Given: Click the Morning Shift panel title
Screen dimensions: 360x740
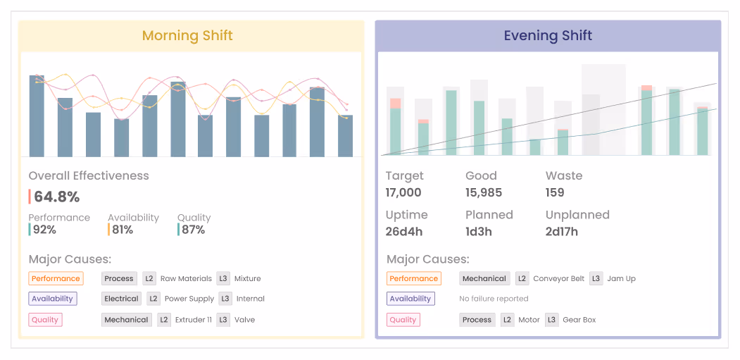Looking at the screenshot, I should click(x=187, y=35).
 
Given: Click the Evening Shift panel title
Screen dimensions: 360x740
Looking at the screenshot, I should click(x=548, y=35).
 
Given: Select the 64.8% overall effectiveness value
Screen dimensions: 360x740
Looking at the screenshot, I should click(x=57, y=197).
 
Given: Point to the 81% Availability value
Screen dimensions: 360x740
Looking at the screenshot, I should click(x=123, y=230).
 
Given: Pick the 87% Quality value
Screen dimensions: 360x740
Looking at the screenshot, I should click(x=192, y=230).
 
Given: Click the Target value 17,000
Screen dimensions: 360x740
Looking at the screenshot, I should click(x=403, y=192).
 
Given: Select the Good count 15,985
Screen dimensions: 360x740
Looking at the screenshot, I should click(x=484, y=192).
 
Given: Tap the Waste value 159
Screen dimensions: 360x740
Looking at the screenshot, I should click(x=555, y=192).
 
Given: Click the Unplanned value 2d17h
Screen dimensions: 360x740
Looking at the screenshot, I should click(x=562, y=231).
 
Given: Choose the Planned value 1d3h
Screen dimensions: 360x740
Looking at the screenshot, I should click(x=478, y=231).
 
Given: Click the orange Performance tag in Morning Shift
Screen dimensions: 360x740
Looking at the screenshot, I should click(x=56, y=278).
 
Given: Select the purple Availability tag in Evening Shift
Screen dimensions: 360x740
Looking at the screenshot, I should click(x=410, y=299).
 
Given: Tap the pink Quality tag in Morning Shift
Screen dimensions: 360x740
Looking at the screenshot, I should click(x=45, y=320).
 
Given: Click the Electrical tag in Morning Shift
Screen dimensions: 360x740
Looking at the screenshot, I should click(x=121, y=299).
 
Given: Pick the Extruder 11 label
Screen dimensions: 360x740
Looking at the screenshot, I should click(x=194, y=320).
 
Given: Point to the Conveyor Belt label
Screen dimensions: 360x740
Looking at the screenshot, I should click(x=558, y=278).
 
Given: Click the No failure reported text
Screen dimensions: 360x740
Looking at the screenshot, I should click(x=494, y=299).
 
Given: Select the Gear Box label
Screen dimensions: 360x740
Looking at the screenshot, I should click(x=579, y=320).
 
